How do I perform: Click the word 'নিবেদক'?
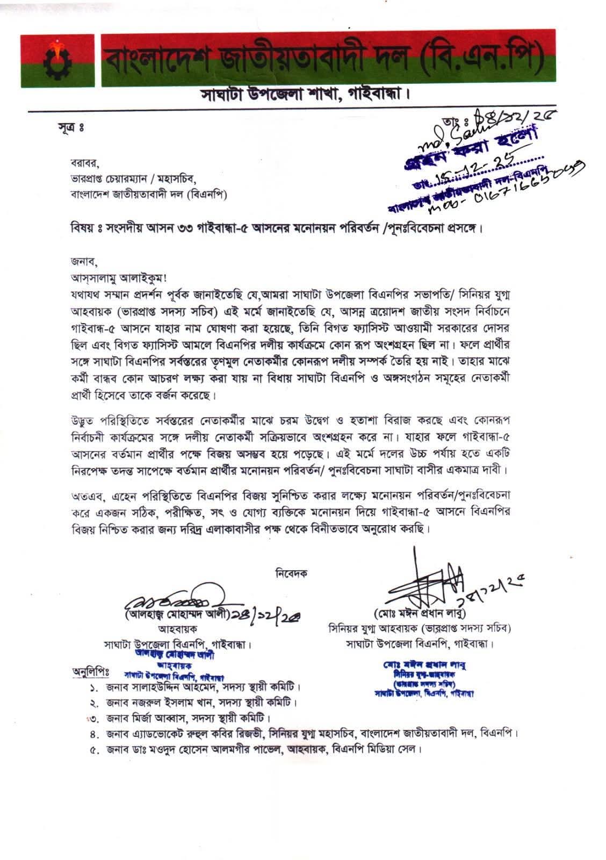coord(291,573)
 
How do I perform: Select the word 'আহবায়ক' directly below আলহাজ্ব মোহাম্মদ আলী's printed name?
coord(178,628)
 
